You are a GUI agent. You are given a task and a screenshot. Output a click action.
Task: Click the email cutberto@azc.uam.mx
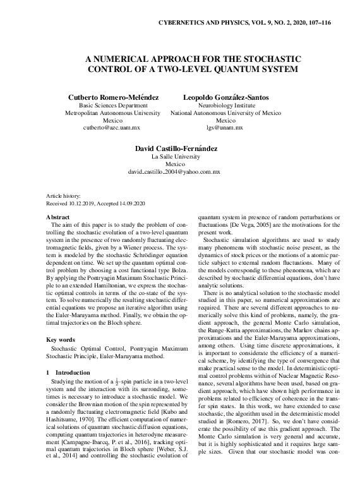click(x=113, y=127)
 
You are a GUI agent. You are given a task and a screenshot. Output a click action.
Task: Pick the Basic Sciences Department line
click(x=113, y=106)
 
